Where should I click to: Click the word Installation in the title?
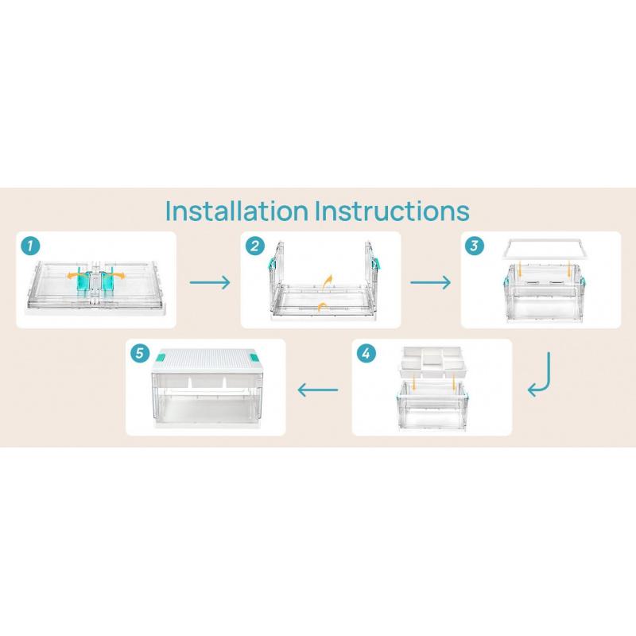click(237, 211)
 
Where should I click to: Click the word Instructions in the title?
click(392, 211)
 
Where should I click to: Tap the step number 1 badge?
click(31, 246)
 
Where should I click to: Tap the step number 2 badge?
click(255, 246)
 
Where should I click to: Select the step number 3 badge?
click(474, 246)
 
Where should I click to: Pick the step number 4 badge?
click(366, 353)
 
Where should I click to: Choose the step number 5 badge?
click(140, 353)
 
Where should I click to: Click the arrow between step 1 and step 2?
click(210, 282)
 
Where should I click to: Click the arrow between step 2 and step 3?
click(430, 282)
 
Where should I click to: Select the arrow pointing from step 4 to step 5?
click(317, 390)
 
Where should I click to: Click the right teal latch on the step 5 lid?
click(254, 358)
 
